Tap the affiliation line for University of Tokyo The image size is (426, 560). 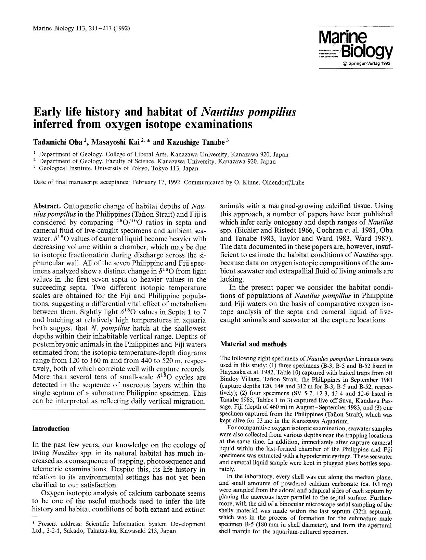(118, 168)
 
